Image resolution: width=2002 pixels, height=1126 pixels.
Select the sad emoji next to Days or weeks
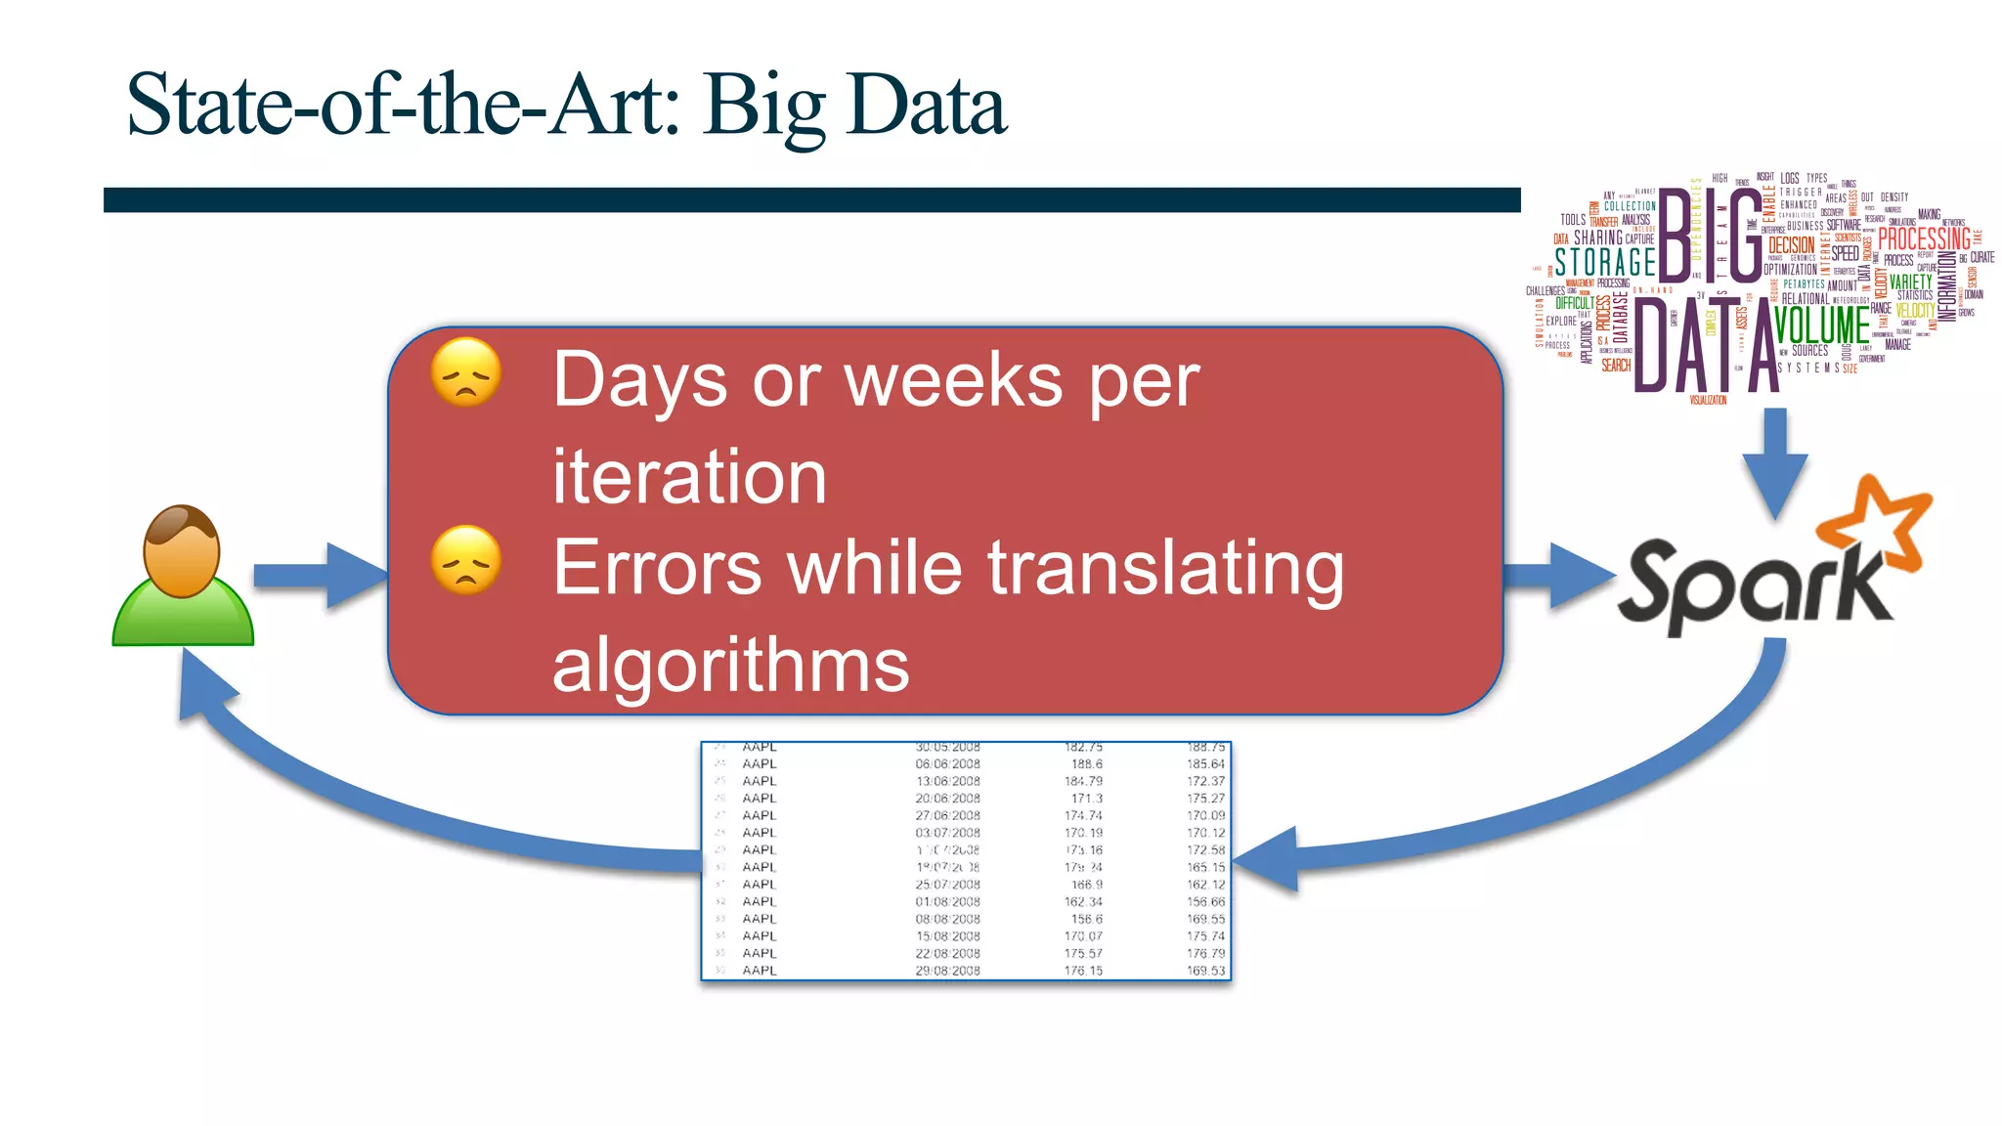pos(466,372)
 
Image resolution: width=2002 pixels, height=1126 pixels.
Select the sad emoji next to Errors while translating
pos(466,560)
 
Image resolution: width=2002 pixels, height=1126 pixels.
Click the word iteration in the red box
pos(689,477)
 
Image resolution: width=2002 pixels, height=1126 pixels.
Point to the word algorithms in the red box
pos(730,665)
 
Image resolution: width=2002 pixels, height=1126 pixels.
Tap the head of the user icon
pos(182,550)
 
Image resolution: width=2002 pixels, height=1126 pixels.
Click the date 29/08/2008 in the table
pos(947,971)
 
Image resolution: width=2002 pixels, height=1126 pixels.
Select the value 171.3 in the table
pos(1086,799)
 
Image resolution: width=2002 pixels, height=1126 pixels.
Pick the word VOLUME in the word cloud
pos(1821,326)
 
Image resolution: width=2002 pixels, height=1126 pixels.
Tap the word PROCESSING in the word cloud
pos(1924,238)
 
